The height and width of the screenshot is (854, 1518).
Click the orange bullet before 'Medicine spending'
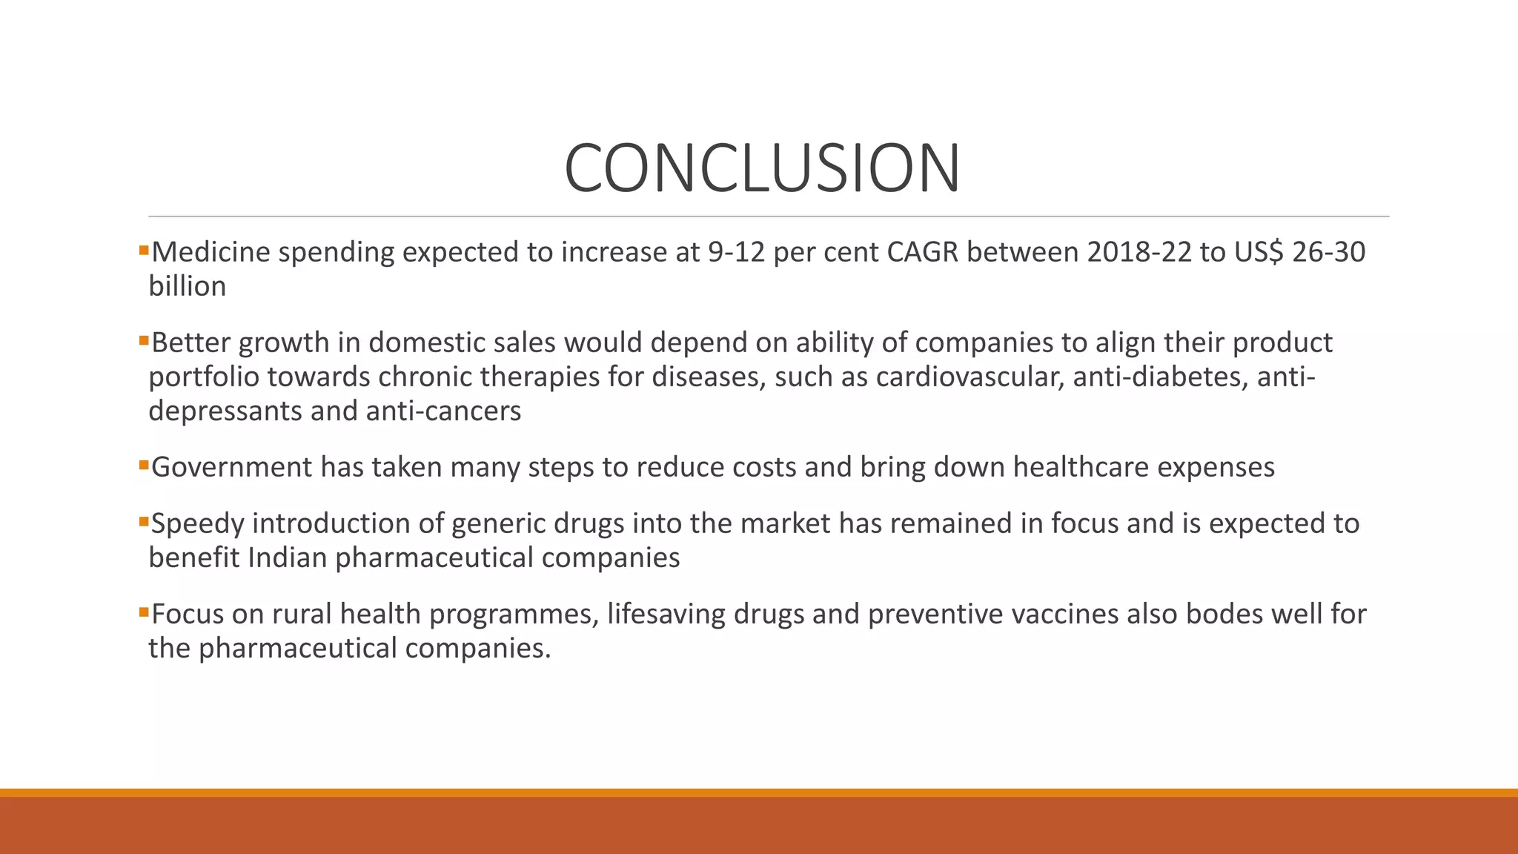pos(144,251)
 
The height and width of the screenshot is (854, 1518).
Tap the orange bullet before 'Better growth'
pos(144,341)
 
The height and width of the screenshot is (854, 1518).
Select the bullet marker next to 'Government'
pos(144,466)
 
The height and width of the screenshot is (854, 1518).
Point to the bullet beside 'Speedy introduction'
pos(144,522)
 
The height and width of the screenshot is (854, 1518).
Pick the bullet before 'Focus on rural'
pos(144,612)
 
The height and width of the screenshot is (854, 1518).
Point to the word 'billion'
pos(187,287)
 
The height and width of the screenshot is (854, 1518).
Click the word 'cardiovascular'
pos(970,377)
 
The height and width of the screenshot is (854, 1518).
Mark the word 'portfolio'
pos(203,377)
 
